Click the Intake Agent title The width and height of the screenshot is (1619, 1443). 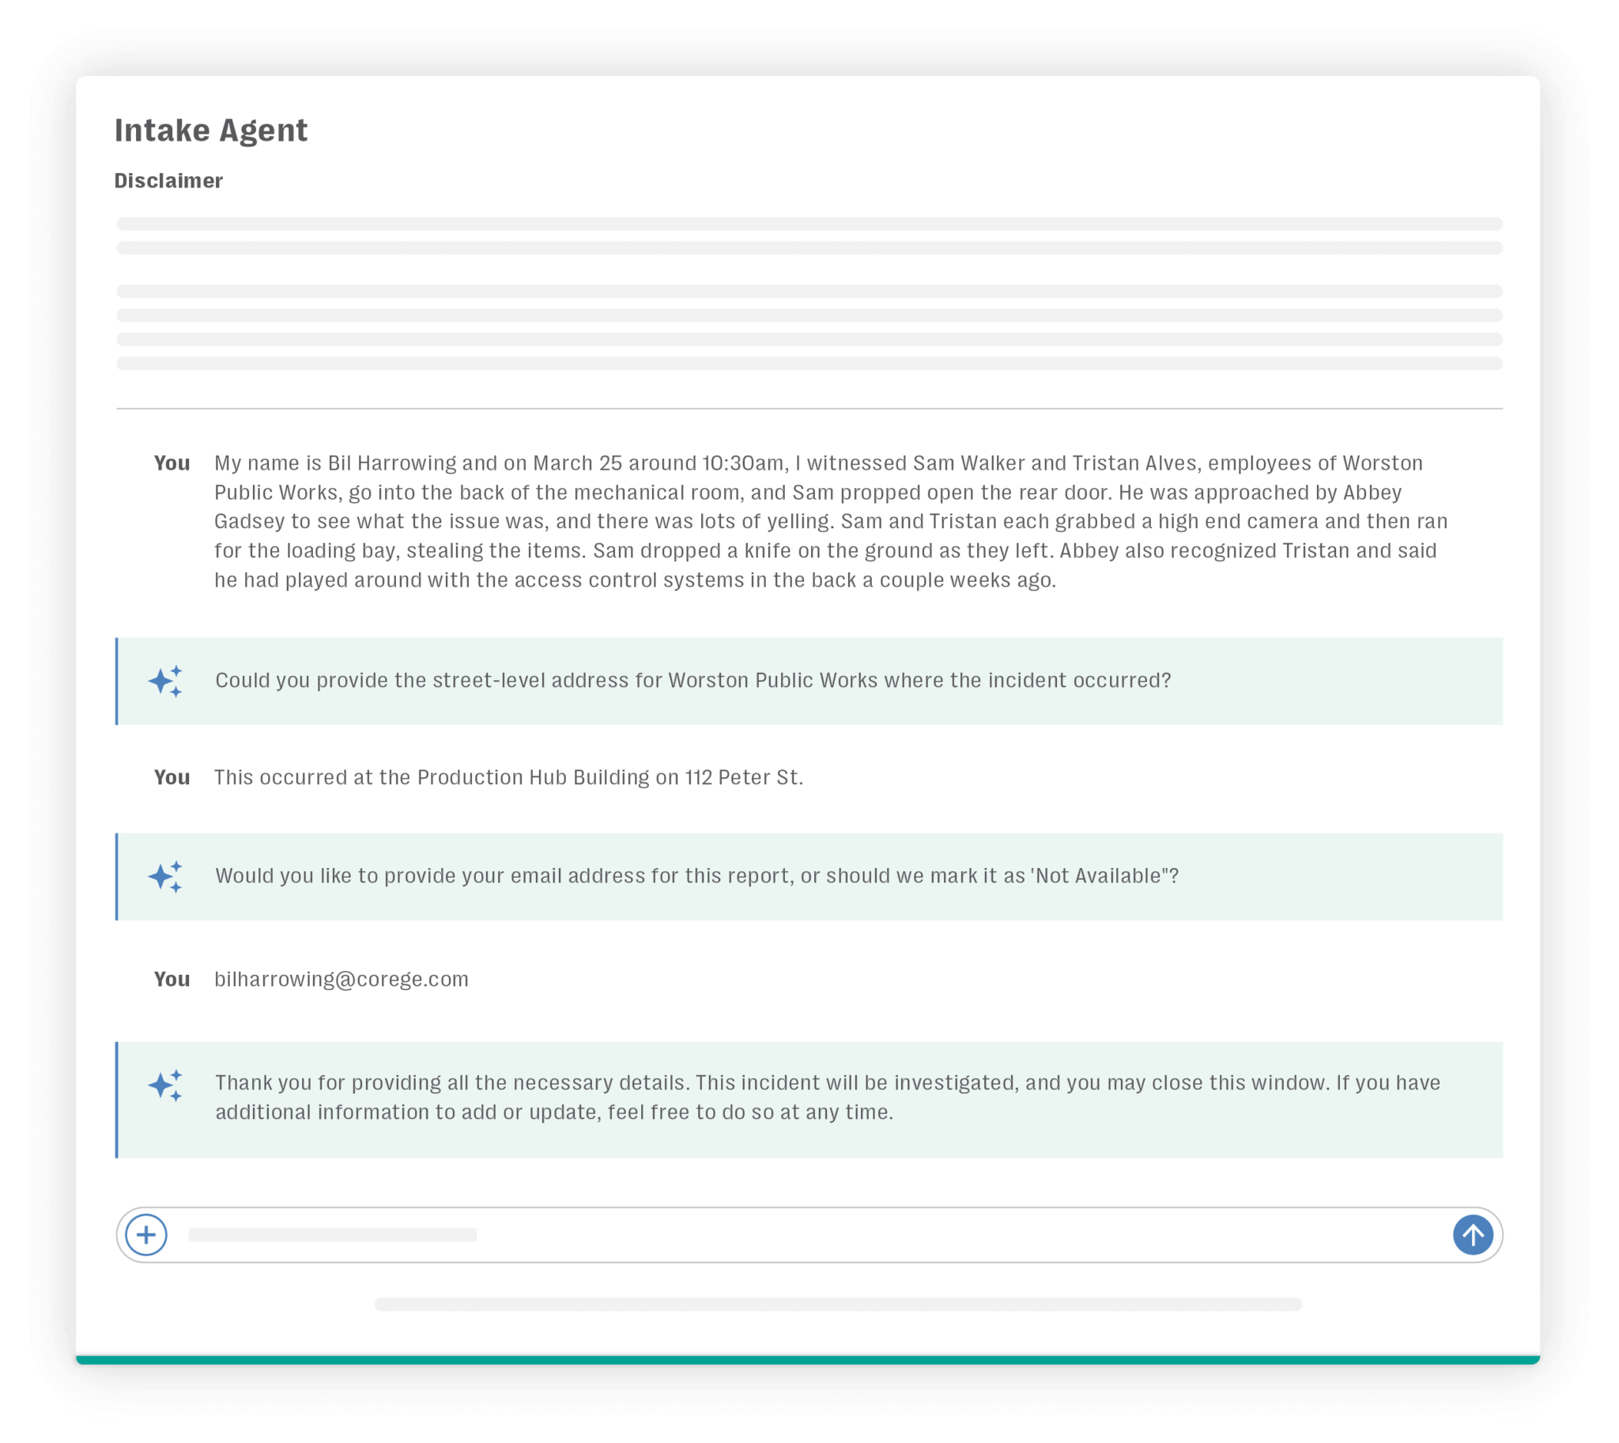pyautogui.click(x=210, y=130)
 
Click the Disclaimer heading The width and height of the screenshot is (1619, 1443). pyautogui.click(x=168, y=181)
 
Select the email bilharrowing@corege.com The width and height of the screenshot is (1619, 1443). pyautogui.click(x=341, y=978)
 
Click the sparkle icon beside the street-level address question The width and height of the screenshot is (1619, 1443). pyautogui.click(x=166, y=681)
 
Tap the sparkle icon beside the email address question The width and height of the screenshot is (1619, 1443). pyautogui.click(x=166, y=876)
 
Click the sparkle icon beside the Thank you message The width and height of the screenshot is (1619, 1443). pyautogui.click(x=166, y=1085)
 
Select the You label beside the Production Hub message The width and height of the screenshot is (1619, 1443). pyautogui.click(x=172, y=777)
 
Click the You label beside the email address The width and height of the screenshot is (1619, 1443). pyautogui.click(x=172, y=978)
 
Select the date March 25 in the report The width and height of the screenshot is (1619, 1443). pyautogui.click(x=576, y=463)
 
